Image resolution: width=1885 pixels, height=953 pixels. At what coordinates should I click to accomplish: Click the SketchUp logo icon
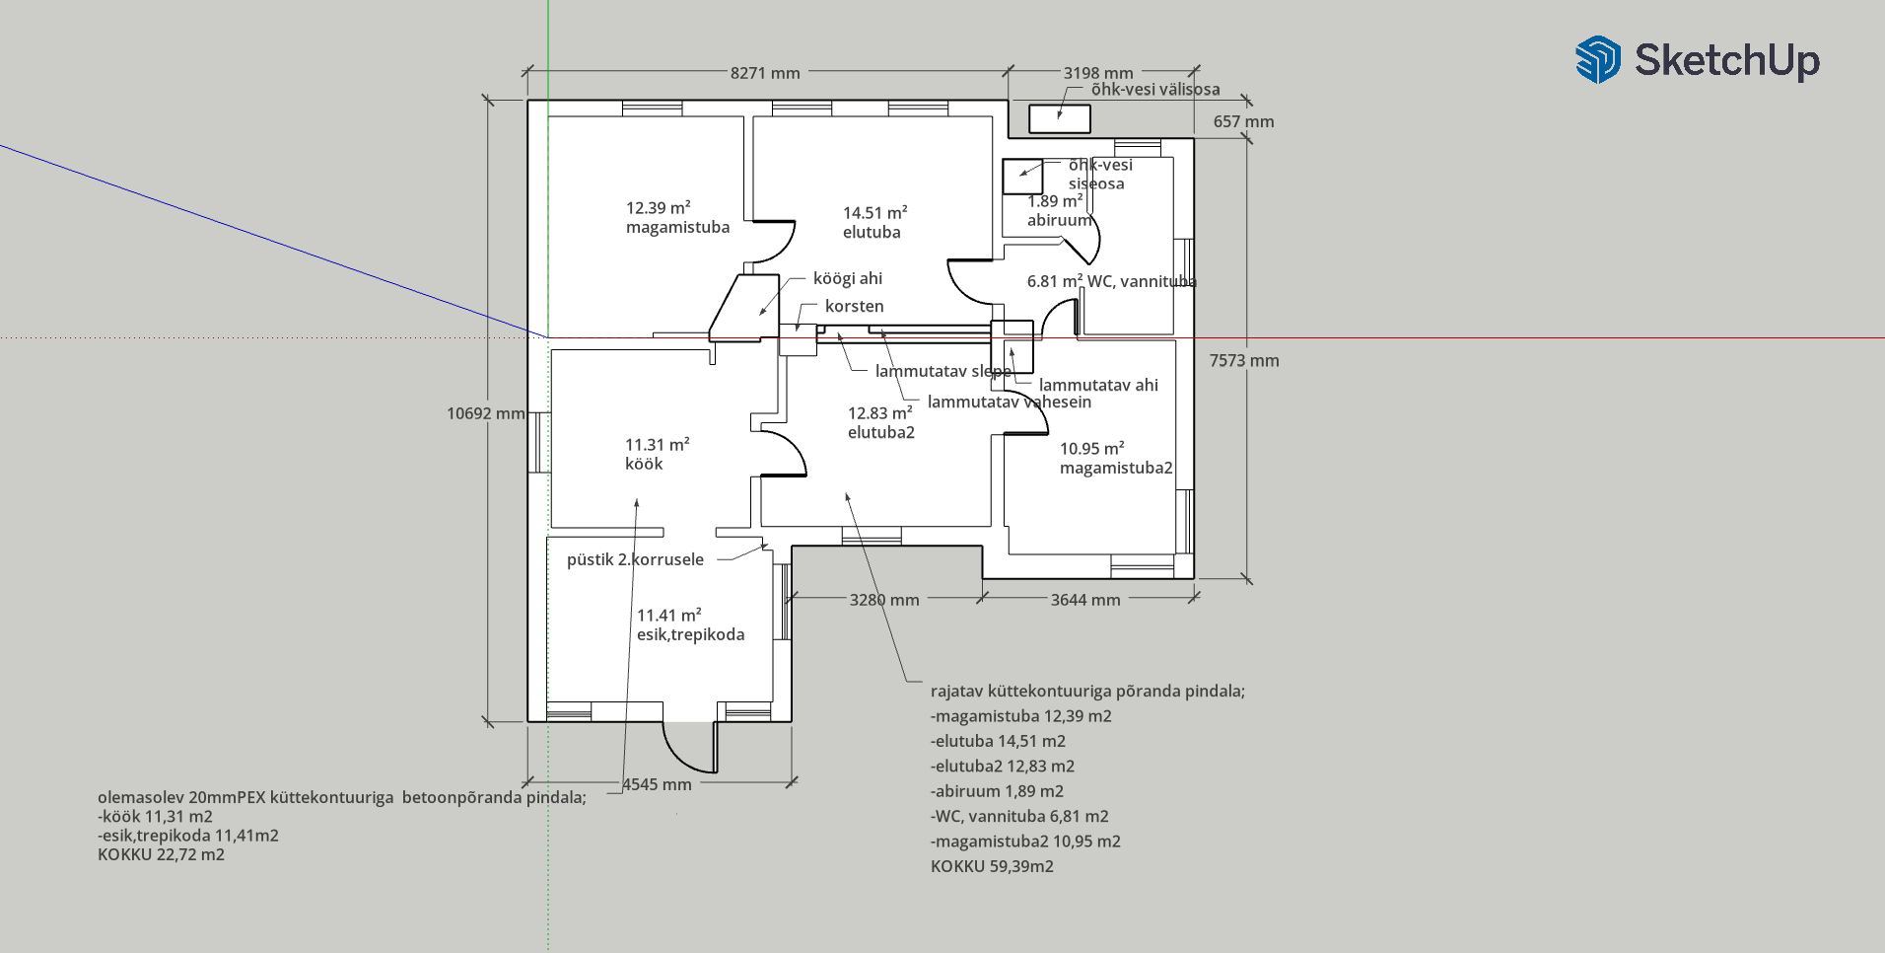click(1598, 59)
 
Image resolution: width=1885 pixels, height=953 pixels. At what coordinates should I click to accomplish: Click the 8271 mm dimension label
click(765, 73)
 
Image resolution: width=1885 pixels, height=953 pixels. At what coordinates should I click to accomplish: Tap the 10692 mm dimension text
click(486, 413)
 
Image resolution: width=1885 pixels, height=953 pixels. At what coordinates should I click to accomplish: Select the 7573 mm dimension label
click(1244, 361)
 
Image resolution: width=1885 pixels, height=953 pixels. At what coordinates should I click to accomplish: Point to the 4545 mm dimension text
click(658, 784)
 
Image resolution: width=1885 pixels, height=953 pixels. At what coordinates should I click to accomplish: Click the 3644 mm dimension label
click(1085, 600)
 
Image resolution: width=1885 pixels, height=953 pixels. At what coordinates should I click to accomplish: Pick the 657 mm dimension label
click(1243, 121)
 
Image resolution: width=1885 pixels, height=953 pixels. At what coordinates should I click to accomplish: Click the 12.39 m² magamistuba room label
click(678, 217)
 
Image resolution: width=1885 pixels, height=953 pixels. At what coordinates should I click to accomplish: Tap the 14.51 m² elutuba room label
click(874, 222)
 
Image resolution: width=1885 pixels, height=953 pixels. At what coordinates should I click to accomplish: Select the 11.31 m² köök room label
click(657, 454)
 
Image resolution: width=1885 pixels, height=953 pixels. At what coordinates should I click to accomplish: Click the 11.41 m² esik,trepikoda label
click(690, 624)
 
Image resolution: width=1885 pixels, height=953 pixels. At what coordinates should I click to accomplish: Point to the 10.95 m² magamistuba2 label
click(1116, 458)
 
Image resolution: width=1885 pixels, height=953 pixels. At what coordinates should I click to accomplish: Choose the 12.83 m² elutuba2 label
click(881, 422)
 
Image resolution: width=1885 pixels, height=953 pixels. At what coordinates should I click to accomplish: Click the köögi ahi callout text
click(848, 278)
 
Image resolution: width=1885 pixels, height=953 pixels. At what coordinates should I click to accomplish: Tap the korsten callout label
click(855, 306)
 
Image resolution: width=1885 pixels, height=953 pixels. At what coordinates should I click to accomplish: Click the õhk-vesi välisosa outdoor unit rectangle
click(1060, 118)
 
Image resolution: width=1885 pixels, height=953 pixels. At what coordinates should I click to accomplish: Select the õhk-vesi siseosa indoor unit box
click(1022, 177)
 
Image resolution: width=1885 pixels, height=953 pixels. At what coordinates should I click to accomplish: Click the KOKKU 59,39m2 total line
click(992, 866)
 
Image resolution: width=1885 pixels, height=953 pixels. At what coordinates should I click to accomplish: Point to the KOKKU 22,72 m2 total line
click(161, 854)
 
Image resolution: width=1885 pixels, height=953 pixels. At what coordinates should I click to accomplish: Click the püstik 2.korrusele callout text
click(635, 559)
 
